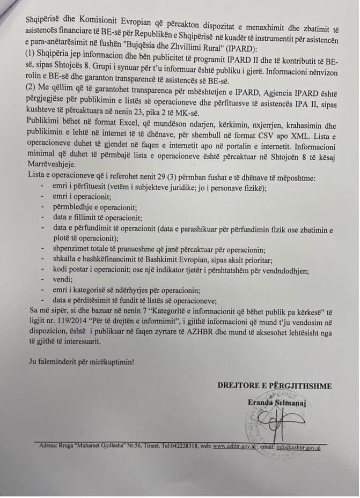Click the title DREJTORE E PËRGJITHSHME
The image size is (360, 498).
coord(274,385)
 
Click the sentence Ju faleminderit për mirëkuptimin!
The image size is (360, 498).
coord(82,361)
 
